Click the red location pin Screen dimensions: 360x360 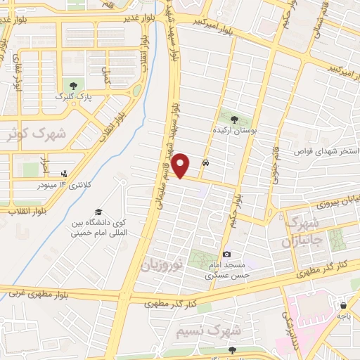click(181, 166)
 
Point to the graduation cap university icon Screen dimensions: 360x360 click(99, 212)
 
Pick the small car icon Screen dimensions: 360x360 click(205, 162)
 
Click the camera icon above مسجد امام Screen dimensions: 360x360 click(226, 254)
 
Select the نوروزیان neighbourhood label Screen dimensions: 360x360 click(163, 265)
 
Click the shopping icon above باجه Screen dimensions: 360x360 click(343, 305)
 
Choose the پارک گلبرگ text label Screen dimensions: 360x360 click(70, 96)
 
